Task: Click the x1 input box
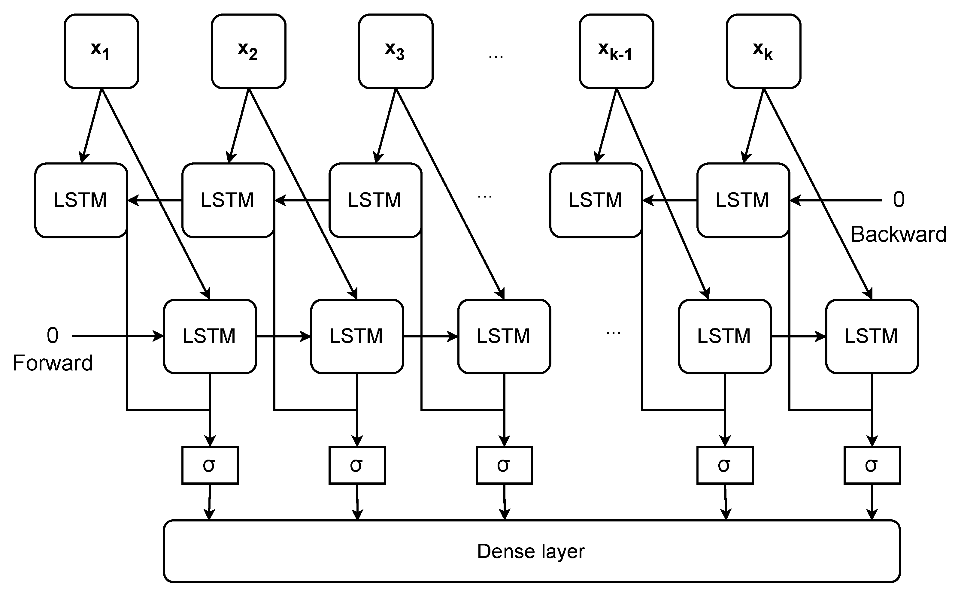101,51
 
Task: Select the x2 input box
248,51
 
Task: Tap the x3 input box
396,51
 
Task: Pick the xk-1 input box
616,51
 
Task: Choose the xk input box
763,51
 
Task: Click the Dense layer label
531,551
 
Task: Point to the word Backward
898,234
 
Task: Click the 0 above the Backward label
899,200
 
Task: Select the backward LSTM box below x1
81,200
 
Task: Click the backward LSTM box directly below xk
743,200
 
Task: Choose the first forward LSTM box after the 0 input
210,336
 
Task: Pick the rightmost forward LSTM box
872,336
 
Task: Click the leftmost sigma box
210,465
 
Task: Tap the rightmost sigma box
872,465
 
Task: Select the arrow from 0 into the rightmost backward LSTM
834,200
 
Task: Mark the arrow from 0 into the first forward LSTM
118,336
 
